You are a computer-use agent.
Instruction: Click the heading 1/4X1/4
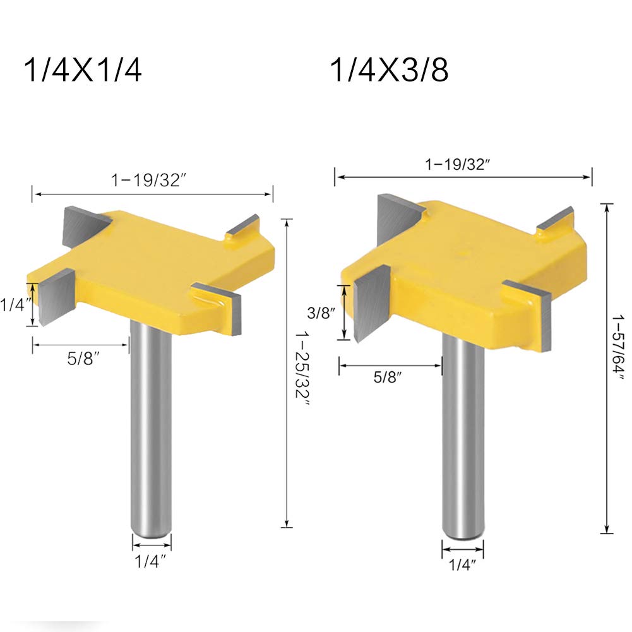click(x=83, y=70)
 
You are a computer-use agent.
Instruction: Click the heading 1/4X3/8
click(x=390, y=70)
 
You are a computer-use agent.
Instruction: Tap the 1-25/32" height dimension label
click(x=302, y=369)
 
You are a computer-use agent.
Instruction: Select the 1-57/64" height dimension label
click(x=617, y=347)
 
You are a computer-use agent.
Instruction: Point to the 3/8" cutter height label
click(x=321, y=313)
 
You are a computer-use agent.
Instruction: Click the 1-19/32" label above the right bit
click(x=458, y=164)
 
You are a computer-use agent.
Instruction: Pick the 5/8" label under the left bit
click(x=83, y=359)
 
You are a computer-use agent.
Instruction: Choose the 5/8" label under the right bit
click(x=388, y=378)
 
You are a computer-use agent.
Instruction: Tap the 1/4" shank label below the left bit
click(x=150, y=561)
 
